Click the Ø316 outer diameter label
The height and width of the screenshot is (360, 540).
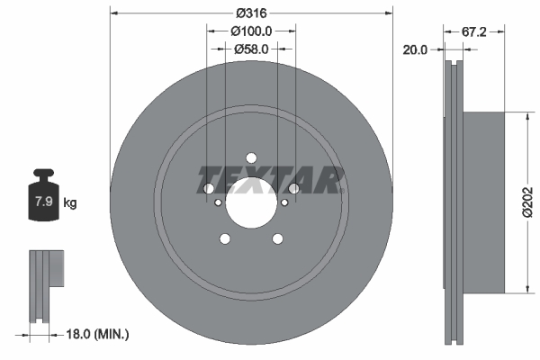[x=251, y=13]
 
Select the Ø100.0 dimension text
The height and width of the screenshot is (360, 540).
[x=251, y=31]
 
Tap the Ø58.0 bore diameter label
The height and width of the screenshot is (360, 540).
[x=251, y=49]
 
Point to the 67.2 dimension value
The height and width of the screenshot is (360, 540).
[x=475, y=31]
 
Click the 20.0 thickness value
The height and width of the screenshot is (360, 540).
[x=416, y=51]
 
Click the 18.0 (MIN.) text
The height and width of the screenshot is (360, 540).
[x=99, y=334]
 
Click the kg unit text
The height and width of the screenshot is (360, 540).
[x=70, y=203]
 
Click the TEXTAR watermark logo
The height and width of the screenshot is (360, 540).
[x=271, y=180]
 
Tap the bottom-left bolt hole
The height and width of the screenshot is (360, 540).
[x=224, y=238]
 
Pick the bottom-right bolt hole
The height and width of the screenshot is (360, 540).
[x=278, y=238]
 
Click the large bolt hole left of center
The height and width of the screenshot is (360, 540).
[x=209, y=188]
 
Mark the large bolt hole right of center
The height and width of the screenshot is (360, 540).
[x=293, y=188]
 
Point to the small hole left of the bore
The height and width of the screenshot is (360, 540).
[x=218, y=203]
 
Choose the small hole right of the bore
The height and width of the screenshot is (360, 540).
[x=284, y=203]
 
